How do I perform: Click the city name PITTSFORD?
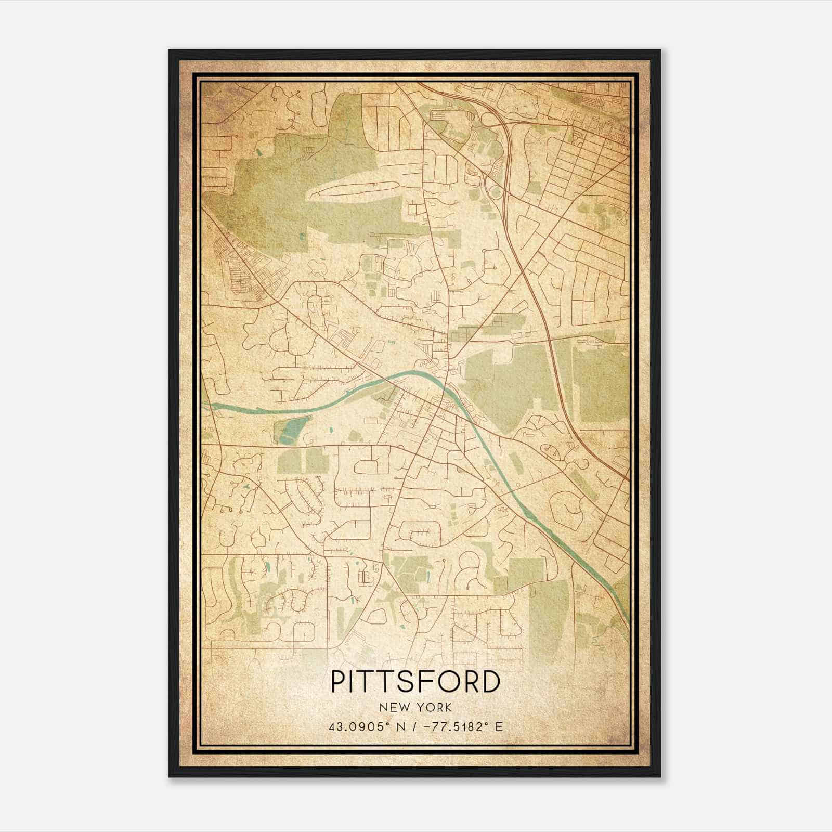pos(415,682)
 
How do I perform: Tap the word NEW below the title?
pos(394,708)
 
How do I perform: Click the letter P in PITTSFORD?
pos(339,682)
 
